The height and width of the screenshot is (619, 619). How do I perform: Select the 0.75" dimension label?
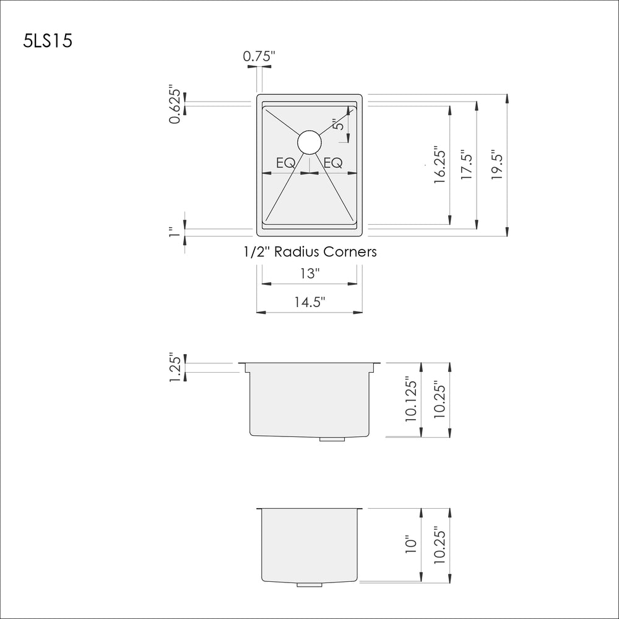coord(259,56)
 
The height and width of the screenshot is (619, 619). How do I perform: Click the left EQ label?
coord(285,163)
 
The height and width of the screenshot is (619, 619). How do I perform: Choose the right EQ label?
coord(333,163)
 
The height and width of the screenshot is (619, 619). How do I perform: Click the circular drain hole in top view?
coord(309,142)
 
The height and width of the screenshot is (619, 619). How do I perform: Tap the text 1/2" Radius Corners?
coord(309,252)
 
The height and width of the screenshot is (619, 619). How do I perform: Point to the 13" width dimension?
coord(309,273)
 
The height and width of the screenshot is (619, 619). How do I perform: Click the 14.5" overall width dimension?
coord(309,301)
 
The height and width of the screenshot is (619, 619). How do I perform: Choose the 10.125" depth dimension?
coord(411,400)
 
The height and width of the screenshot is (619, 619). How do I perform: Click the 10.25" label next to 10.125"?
coord(440,400)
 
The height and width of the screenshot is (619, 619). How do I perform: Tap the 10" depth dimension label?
coord(411,545)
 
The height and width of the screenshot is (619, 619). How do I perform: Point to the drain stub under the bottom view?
coord(309,584)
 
